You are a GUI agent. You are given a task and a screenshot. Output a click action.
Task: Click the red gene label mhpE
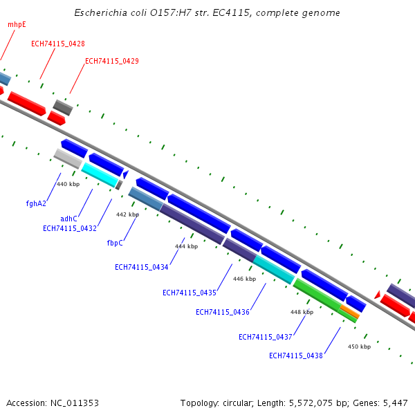coord(17,24)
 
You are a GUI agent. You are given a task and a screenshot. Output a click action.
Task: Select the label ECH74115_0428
coord(58,44)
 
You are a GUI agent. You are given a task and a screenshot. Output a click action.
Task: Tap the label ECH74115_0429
coord(111,61)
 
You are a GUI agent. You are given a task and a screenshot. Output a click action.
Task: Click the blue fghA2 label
coord(36,203)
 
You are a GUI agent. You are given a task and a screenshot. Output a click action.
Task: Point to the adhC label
coord(68,219)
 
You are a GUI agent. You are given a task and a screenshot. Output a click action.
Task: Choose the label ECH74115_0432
coord(70,228)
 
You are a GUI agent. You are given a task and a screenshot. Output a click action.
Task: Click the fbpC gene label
coord(115,243)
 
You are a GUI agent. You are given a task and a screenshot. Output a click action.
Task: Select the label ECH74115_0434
coord(142,267)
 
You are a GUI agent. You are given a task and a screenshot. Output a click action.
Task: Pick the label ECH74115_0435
coord(190,293)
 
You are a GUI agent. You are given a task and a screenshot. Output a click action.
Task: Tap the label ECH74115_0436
coord(223,312)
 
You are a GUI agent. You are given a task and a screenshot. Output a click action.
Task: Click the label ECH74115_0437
coord(266,337)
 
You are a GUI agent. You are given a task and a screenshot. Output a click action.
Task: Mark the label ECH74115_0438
coord(296,356)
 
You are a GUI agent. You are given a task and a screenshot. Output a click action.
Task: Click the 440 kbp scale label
coord(68,184)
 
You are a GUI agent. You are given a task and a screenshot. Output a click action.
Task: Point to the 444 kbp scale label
coord(186,246)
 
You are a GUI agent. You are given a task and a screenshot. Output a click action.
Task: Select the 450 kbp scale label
coord(359,347)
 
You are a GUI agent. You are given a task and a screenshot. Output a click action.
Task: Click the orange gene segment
coord(350,312)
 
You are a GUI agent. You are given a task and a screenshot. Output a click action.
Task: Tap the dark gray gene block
coord(63,107)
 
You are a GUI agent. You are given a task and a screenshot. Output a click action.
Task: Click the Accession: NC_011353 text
coord(53,403)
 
